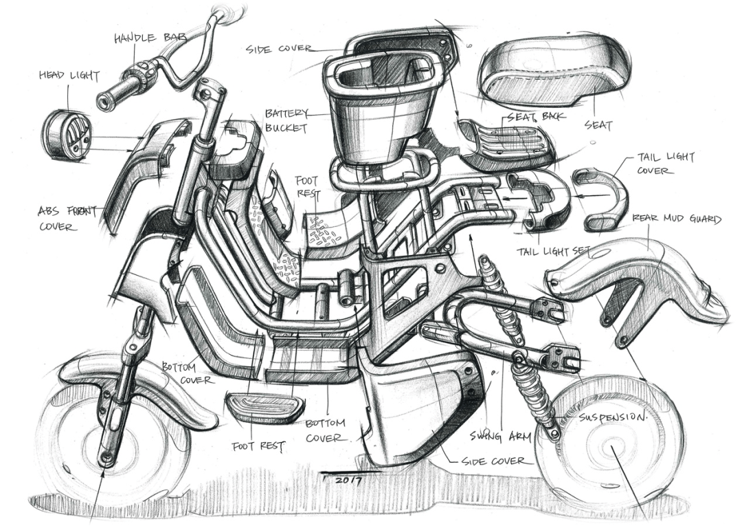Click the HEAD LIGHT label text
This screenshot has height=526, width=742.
point(69,76)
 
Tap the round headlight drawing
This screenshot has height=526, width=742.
point(67,135)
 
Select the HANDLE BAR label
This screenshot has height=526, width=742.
point(150,38)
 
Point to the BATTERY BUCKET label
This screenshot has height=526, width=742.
point(285,120)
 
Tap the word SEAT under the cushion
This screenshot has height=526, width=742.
point(598,126)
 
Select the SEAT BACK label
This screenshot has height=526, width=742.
point(536,116)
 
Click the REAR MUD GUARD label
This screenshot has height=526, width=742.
point(677,220)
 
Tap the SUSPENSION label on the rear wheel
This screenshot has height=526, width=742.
point(613,418)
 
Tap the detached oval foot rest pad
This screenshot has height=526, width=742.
point(265,407)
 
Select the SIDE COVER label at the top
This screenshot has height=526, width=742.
point(279,49)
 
